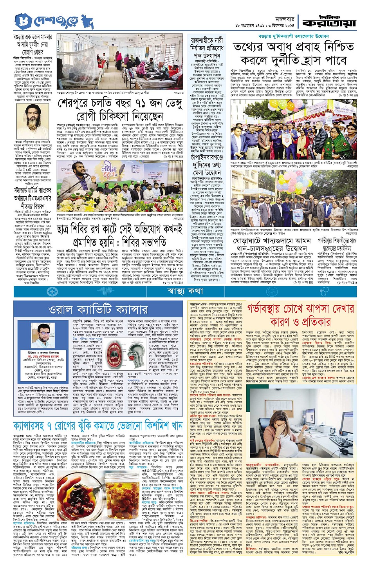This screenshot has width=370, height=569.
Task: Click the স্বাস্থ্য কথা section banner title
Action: point(185,291)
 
